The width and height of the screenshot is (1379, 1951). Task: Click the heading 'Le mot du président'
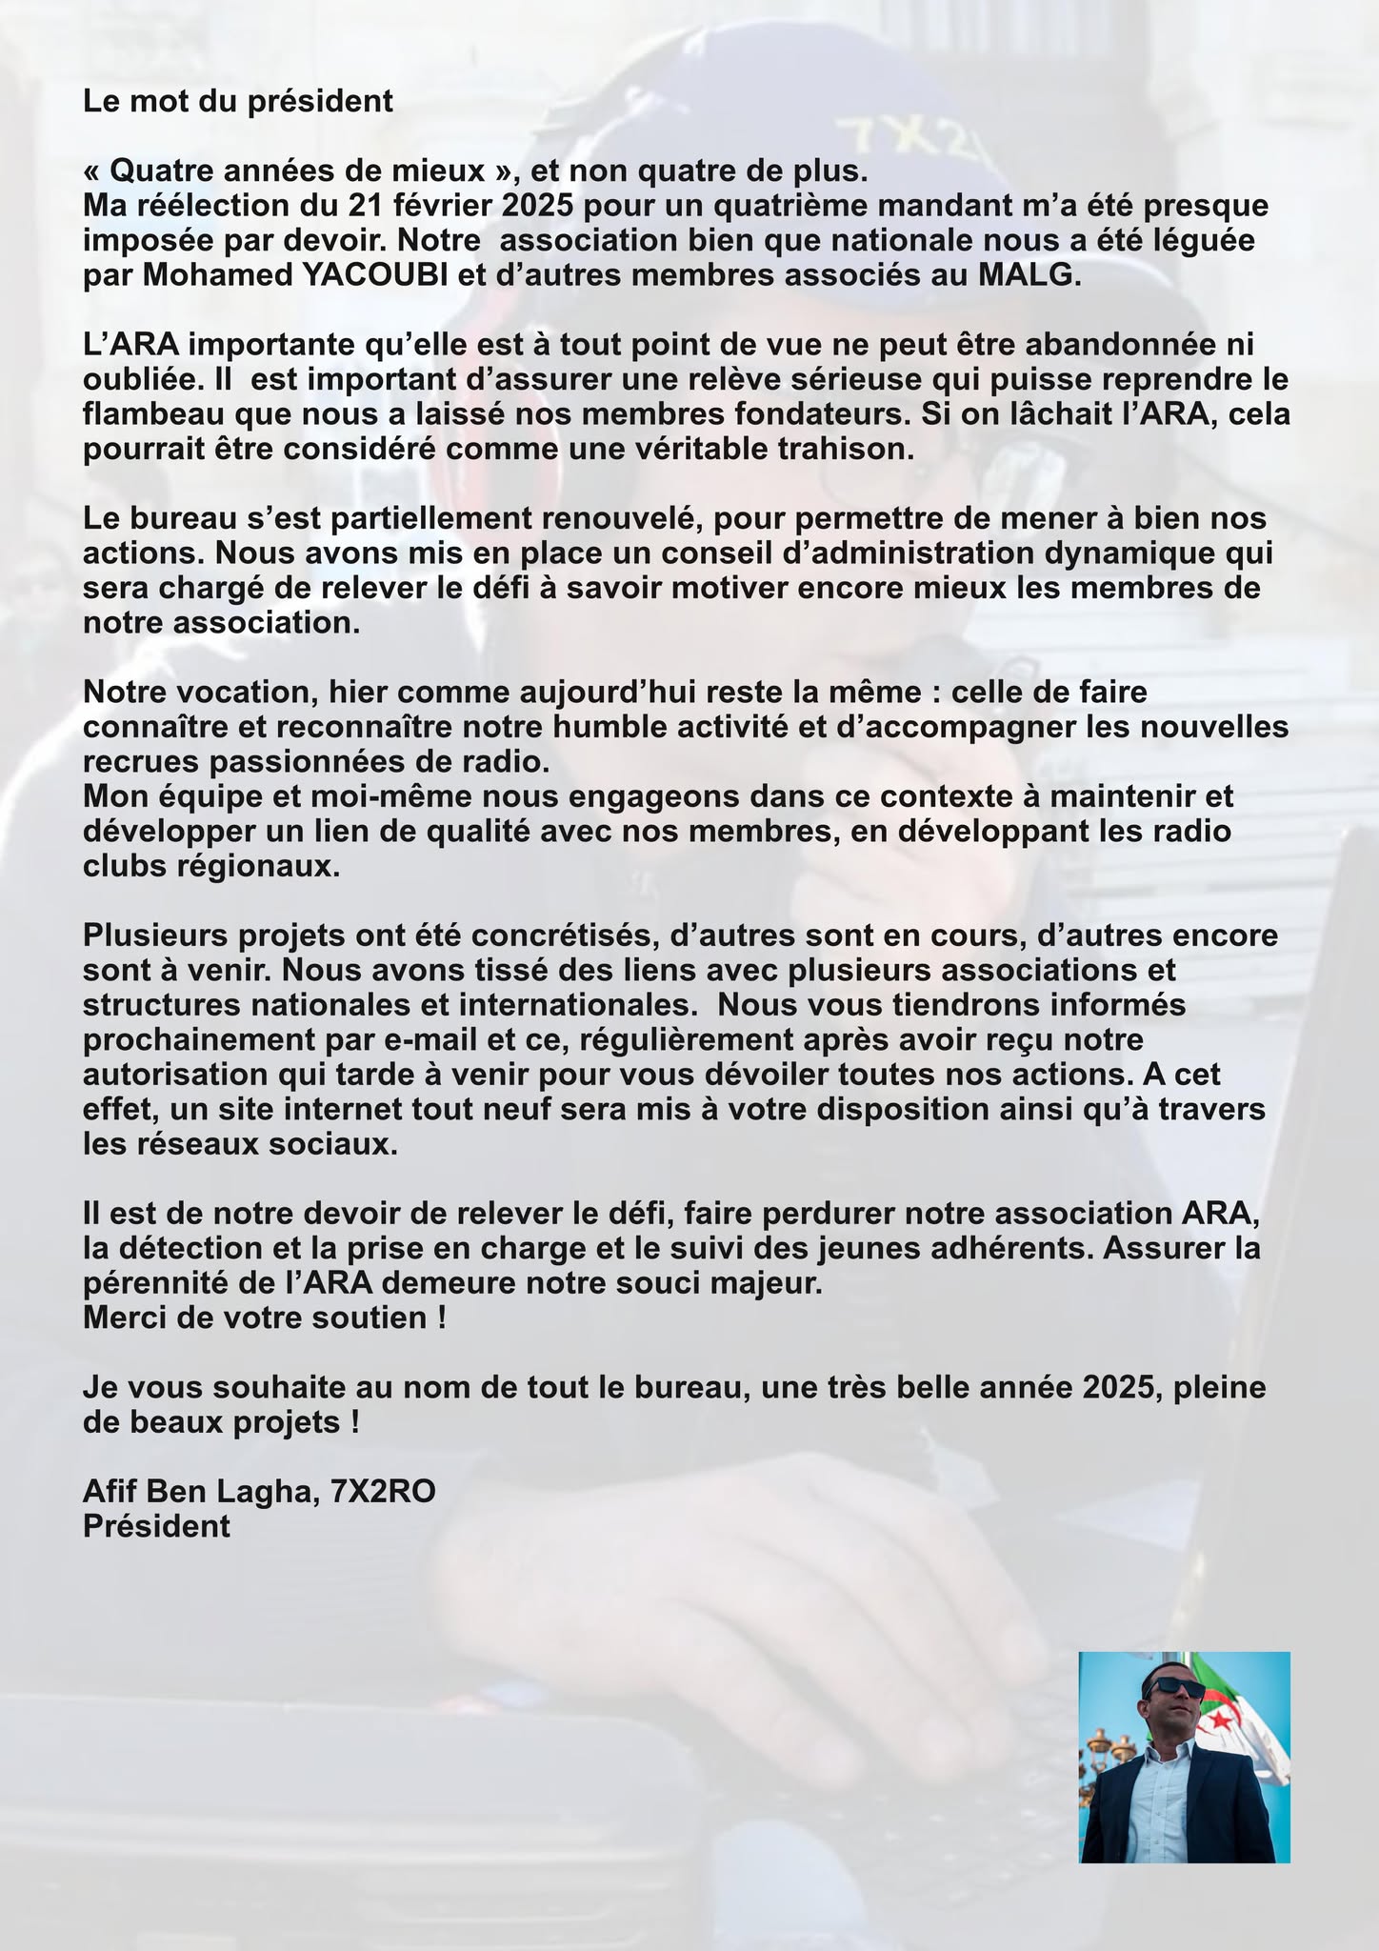click(238, 101)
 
